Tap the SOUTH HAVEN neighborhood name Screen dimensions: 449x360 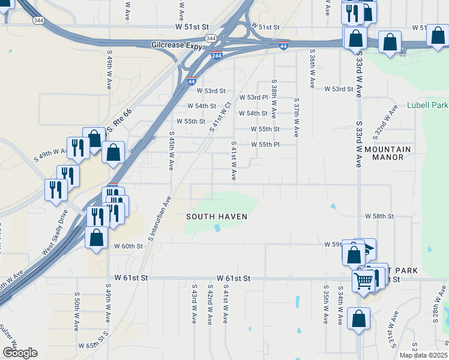[x=217, y=216]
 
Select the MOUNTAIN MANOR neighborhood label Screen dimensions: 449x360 [x=388, y=153]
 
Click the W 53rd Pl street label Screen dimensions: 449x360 [x=253, y=97]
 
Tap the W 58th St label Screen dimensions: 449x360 [x=379, y=215]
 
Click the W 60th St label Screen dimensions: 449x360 [x=128, y=246]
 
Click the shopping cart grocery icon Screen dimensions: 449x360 [x=364, y=280]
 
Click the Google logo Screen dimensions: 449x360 [x=20, y=353]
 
